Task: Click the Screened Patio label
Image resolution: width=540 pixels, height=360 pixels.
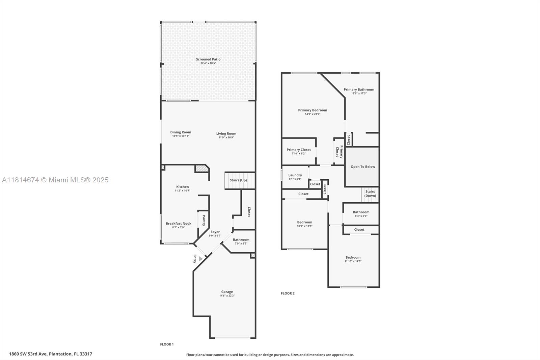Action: point(208,59)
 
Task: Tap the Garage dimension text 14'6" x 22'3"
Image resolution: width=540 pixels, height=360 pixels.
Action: point(227,295)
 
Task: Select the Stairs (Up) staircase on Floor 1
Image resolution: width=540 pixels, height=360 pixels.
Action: point(240,180)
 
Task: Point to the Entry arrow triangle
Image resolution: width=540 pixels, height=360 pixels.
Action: point(200,259)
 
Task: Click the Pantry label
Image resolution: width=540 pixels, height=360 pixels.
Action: point(204,221)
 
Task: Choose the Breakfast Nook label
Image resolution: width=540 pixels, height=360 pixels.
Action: point(179,224)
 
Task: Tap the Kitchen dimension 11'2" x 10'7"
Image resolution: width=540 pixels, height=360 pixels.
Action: point(183,190)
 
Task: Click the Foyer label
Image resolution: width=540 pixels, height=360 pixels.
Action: point(215,232)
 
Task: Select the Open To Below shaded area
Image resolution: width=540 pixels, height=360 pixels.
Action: point(362,166)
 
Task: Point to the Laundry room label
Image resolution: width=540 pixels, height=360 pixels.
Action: point(295,175)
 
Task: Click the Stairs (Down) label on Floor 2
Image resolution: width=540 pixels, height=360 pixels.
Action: point(370,194)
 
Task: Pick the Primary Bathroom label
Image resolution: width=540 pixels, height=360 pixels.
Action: point(359,89)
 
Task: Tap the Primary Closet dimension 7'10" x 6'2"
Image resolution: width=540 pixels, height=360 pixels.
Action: point(299,153)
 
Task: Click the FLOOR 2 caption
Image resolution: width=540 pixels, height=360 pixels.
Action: point(288,293)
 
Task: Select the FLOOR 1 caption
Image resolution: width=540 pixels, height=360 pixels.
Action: point(167,344)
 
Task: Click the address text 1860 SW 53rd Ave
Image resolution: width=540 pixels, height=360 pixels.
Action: point(28,354)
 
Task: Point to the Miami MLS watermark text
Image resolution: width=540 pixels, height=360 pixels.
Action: point(55,180)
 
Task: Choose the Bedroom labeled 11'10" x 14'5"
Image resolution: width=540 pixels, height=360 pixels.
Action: point(353,257)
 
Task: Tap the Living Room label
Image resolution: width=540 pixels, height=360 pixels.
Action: point(226,133)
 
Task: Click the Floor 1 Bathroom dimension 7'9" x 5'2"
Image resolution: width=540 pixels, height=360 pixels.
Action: point(241,243)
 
